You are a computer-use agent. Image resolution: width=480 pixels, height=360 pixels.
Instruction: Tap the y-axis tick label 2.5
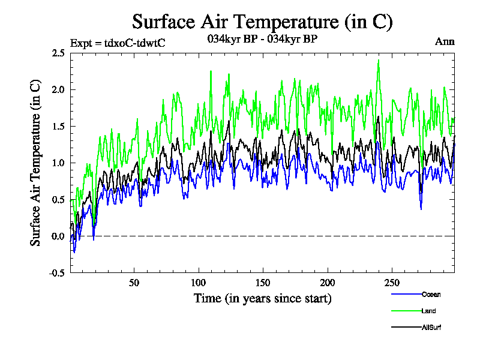(x=58, y=53)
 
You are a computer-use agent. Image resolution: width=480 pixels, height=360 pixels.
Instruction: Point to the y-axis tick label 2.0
(x=58, y=89)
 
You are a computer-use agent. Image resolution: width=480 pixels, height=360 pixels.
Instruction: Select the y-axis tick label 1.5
(x=58, y=126)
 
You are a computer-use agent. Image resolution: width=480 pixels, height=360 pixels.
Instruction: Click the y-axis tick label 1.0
(x=58, y=163)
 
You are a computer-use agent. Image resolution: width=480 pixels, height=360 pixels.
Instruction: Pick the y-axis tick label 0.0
(x=58, y=236)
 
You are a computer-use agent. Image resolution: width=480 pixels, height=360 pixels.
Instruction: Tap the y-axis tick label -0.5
(x=57, y=272)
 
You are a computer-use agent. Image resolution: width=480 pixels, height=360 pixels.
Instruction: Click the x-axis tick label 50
(x=134, y=283)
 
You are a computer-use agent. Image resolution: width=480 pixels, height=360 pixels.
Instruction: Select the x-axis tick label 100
(x=199, y=283)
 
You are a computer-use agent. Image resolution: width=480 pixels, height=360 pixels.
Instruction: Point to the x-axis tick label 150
(x=263, y=283)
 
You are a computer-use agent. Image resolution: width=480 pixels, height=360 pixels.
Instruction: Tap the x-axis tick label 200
(x=327, y=283)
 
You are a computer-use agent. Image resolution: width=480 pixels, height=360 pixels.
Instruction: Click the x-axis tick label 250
(x=391, y=283)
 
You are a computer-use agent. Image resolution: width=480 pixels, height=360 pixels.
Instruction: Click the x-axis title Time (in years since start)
(x=262, y=298)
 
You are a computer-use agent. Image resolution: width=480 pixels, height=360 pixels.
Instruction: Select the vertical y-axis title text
(x=36, y=163)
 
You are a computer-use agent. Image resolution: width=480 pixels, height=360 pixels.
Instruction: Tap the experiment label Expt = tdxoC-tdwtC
(x=118, y=43)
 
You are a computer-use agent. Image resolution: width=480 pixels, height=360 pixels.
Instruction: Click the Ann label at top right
(x=445, y=41)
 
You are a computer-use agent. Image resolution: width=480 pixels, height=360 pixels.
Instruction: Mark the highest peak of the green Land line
(x=379, y=60)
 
